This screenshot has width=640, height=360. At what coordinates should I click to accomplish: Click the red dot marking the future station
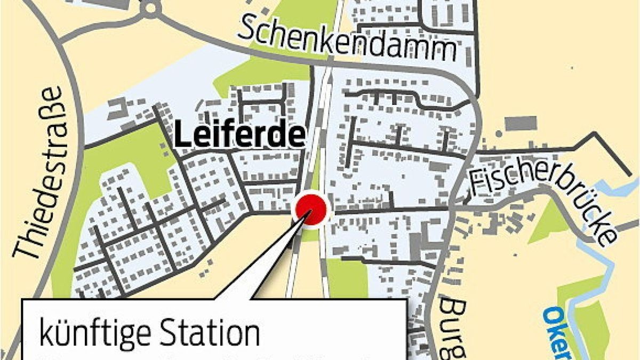pyautogui.click(x=311, y=210)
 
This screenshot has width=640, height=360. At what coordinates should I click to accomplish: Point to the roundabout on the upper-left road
pyautogui.click(x=151, y=7)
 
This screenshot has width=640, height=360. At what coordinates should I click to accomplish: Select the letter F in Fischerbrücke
pyautogui.click(x=477, y=185)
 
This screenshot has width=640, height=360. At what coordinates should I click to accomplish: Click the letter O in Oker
pyautogui.click(x=550, y=316)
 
